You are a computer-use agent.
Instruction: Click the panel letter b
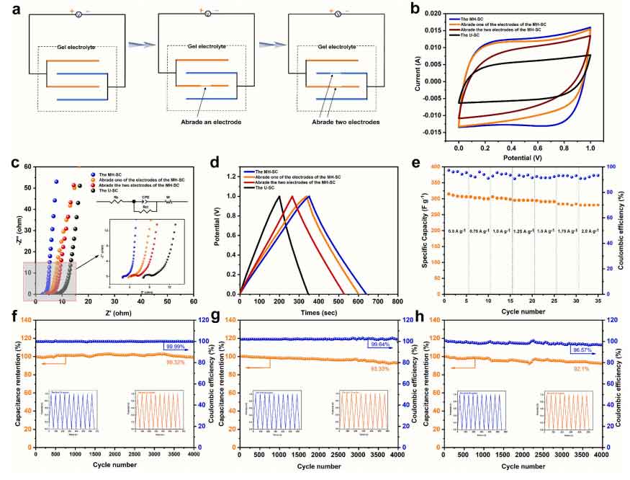click(418, 10)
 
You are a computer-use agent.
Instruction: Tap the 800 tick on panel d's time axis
click(397, 301)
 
